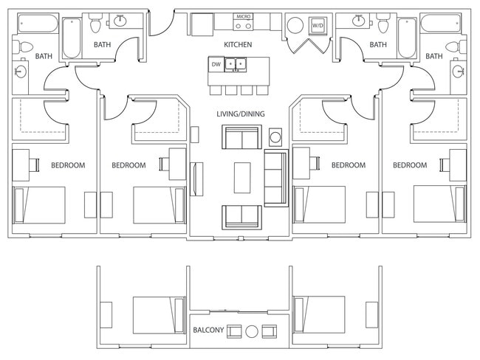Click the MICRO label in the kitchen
pos(244,16)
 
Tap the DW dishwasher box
pos(216,64)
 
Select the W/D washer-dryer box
pos(318,25)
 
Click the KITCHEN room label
pos(238,45)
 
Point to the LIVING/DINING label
pos(241,114)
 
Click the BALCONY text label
pos(208,330)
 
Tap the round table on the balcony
pos(252,331)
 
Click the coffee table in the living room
pos(242,178)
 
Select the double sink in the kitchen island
pos(236,64)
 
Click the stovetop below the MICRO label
pos(244,25)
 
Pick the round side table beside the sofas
pos(275,137)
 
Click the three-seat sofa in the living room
pos(276,178)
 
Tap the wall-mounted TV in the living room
pos(196,179)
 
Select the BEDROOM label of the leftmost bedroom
pos(68,165)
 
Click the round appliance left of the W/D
pos(295,25)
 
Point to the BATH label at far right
pos(433,56)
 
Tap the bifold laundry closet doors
pos(307,46)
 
